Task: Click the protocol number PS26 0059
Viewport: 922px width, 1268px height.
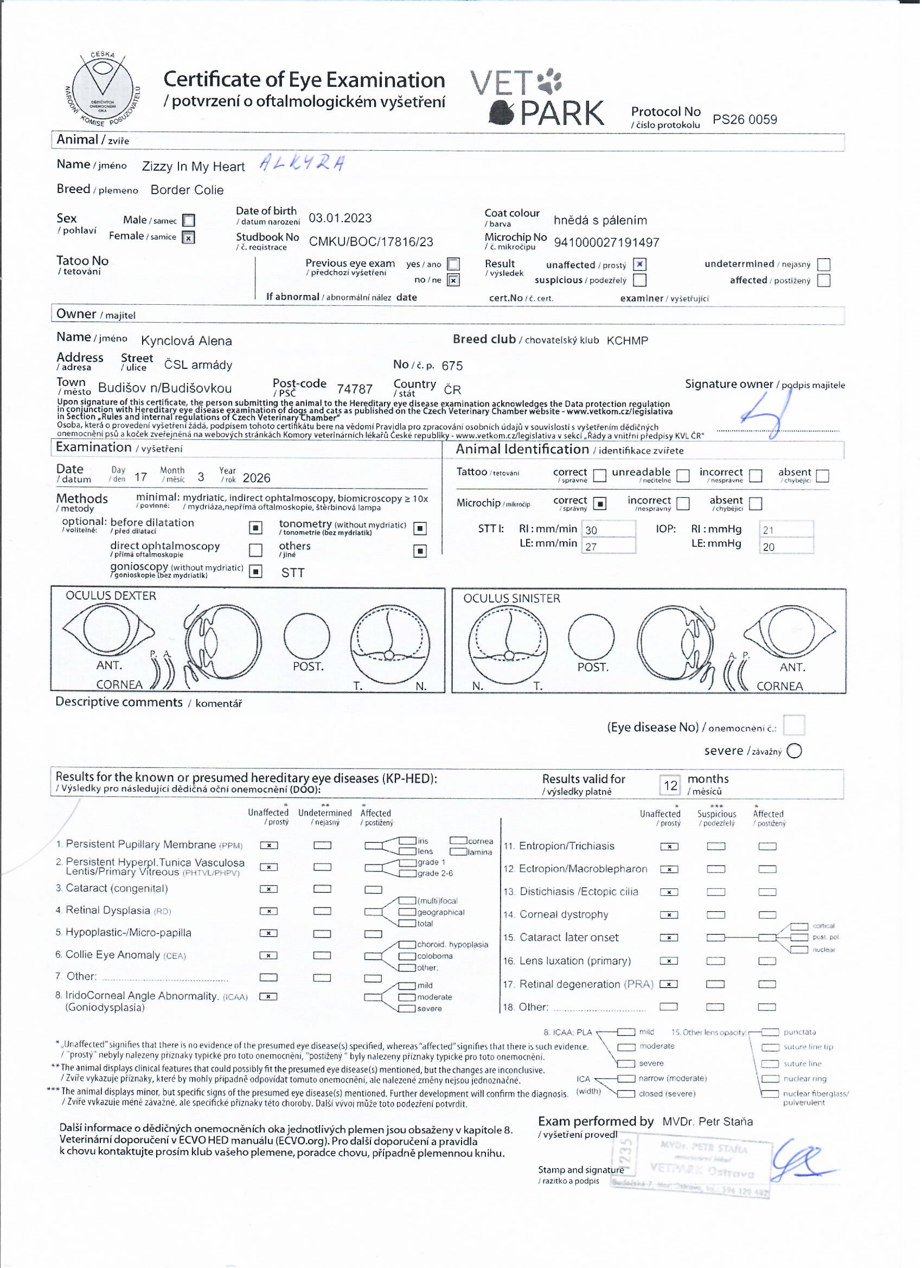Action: (746, 120)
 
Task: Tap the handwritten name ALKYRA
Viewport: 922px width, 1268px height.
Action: (303, 163)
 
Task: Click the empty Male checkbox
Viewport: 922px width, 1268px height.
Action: (189, 221)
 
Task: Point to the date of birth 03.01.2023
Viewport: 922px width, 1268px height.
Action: (341, 219)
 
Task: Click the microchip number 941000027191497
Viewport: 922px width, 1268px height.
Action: (607, 242)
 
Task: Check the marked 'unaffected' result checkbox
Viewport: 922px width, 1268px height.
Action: (641, 265)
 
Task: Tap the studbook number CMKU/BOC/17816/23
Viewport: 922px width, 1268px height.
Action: (372, 242)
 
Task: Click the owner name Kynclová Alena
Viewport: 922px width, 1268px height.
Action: (187, 341)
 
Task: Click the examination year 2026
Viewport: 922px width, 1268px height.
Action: (257, 478)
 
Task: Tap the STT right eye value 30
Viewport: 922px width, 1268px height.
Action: (592, 530)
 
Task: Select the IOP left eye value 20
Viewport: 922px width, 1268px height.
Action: (770, 548)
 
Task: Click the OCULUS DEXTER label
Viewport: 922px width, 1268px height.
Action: (111, 597)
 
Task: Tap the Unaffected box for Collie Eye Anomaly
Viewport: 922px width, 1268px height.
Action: (269, 956)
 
